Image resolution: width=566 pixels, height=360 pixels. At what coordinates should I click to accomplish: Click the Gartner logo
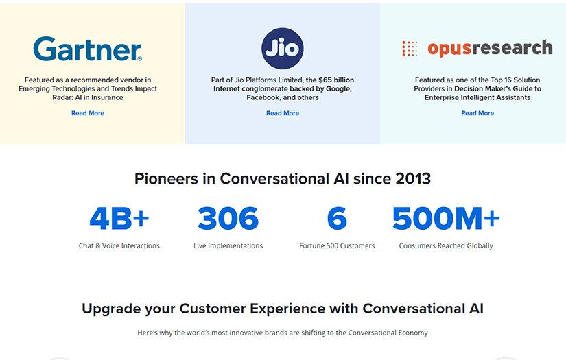click(x=87, y=49)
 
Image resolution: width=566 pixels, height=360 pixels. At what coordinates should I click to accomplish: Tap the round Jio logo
click(x=282, y=48)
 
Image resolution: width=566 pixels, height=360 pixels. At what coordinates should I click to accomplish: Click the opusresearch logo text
click(x=490, y=48)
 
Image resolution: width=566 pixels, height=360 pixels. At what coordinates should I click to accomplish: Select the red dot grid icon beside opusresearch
click(x=410, y=49)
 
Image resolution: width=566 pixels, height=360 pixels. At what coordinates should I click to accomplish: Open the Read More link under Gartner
click(x=88, y=113)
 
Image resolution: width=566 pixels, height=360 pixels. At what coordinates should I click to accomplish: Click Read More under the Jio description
click(x=283, y=113)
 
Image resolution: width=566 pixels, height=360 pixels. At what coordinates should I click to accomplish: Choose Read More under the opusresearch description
click(x=477, y=113)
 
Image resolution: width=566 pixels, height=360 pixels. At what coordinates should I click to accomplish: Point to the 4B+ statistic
click(x=119, y=218)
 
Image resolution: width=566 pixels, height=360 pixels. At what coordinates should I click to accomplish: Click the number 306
click(x=228, y=218)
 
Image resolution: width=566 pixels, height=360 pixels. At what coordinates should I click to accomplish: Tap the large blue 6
click(x=337, y=218)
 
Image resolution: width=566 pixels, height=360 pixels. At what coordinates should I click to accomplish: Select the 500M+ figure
click(x=446, y=218)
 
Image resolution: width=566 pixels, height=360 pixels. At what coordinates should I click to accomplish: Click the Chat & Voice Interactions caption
click(x=119, y=245)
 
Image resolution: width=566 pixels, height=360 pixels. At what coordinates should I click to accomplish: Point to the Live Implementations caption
click(x=228, y=245)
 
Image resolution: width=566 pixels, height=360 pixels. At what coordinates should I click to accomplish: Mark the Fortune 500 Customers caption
click(x=337, y=245)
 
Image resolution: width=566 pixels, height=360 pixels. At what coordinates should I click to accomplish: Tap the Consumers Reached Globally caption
click(x=446, y=245)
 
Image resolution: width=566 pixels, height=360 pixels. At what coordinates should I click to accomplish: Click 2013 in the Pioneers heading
click(x=413, y=179)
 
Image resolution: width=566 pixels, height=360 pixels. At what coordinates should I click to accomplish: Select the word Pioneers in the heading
click(x=166, y=179)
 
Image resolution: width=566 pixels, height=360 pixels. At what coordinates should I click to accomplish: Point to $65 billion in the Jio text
click(x=336, y=80)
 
